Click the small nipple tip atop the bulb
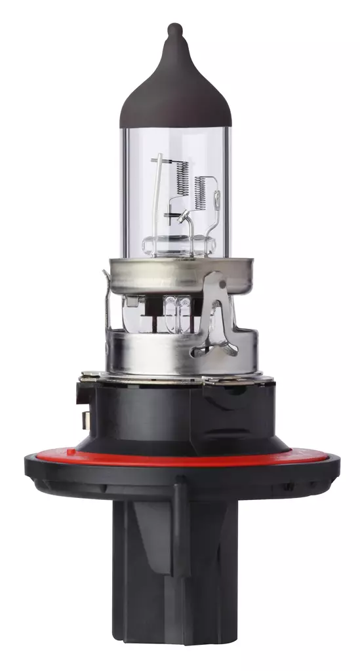175,29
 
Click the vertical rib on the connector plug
178,564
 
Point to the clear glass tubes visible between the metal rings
177,308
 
